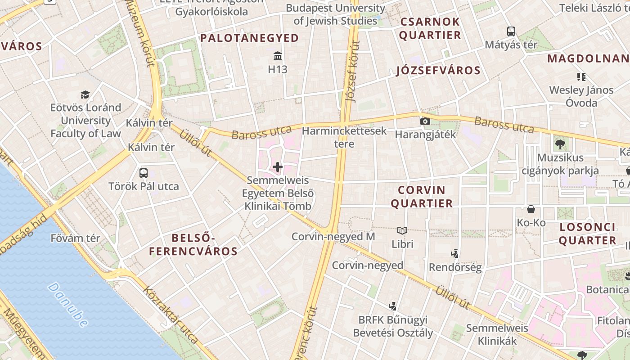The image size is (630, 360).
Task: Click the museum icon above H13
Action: pos(278,56)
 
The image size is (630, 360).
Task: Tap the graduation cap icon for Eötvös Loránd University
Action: pos(85,94)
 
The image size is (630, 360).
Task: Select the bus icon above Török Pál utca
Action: pos(144,173)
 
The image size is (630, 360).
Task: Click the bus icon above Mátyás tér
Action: pos(511,31)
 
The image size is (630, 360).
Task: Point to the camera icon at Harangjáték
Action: pos(425,121)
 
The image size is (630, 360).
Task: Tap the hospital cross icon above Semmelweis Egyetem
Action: pos(278,167)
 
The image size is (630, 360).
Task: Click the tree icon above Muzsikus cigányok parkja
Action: pos(560,144)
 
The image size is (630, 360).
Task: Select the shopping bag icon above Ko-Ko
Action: pos(531,209)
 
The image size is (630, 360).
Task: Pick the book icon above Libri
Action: pos(402,231)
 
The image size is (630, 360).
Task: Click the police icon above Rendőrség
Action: pos(455,254)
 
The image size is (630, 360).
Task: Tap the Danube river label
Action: pos(67,305)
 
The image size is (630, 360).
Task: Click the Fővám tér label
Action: pos(75,238)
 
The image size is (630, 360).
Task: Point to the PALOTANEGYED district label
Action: pos(249,38)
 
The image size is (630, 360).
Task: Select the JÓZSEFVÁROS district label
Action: pos(438,71)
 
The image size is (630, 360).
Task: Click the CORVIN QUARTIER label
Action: pos(422,197)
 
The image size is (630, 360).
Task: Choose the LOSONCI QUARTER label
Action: pos(587,234)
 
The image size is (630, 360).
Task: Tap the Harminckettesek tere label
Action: pos(344,137)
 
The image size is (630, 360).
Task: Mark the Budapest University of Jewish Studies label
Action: pos(335,14)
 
